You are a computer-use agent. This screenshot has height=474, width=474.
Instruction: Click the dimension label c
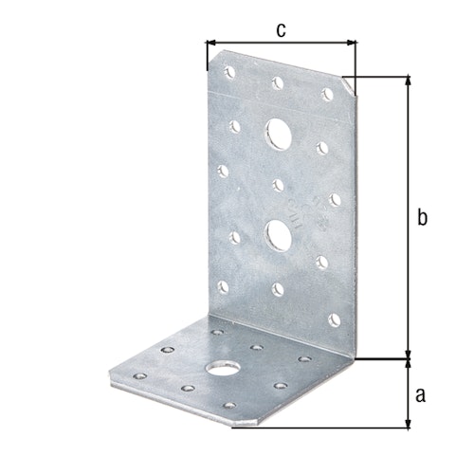(281, 29)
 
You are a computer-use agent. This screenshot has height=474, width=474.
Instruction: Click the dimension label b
(423, 218)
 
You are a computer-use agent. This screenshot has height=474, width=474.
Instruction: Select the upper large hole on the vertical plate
(279, 133)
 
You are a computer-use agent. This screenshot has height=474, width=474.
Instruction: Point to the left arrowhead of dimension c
(210, 43)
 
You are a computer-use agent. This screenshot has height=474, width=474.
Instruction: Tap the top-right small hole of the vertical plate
(327, 93)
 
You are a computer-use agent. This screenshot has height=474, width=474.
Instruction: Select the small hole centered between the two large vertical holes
(277, 183)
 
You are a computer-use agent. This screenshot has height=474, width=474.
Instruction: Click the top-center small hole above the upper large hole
(279, 82)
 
